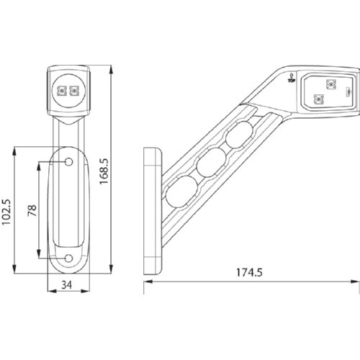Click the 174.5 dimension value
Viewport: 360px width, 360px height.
click(x=249, y=272)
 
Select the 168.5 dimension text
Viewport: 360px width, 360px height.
click(x=104, y=171)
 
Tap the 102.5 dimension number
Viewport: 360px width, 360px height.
click(x=6, y=212)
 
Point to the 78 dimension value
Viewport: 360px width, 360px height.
click(x=32, y=210)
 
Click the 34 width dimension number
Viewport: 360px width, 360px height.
click(x=67, y=285)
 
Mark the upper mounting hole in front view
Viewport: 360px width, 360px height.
click(x=69, y=162)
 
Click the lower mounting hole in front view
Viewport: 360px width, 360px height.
click(x=69, y=258)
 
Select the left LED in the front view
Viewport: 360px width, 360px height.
click(x=62, y=91)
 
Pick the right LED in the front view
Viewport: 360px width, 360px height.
click(x=74, y=91)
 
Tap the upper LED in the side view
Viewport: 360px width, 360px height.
click(x=331, y=84)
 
